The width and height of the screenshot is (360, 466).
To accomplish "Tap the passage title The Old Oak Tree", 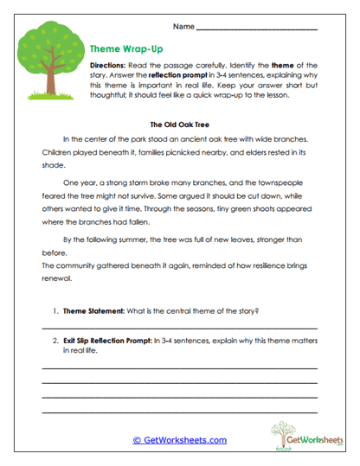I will coord(180,123).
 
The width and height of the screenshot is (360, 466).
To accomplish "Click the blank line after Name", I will coord(257,28).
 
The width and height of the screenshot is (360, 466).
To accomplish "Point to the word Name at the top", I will coord(183,26).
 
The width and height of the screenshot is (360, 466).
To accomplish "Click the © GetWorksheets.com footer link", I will coord(179,440).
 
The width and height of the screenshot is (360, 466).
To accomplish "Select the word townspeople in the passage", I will coord(285,183).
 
